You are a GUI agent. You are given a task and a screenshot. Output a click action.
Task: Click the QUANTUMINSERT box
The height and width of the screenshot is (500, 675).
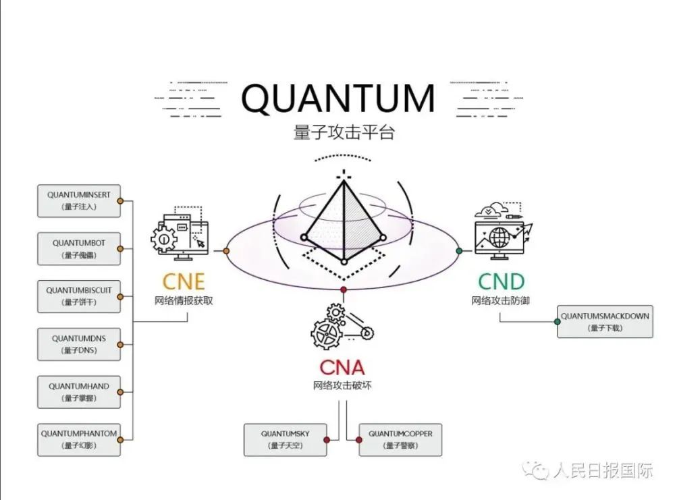pyautogui.click(x=79, y=201)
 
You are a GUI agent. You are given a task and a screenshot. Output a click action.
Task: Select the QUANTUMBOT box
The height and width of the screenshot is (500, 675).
pyautogui.click(x=79, y=249)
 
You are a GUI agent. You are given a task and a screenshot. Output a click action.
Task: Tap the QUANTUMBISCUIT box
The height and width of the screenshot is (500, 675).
pyautogui.click(x=79, y=296)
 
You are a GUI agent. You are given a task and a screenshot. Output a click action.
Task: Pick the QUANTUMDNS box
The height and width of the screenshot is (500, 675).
pyautogui.click(x=79, y=344)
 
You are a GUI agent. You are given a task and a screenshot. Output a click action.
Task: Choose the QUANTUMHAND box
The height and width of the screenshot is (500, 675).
pyautogui.click(x=79, y=392)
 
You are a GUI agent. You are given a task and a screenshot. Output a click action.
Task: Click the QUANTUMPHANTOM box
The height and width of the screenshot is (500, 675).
pyautogui.click(x=79, y=440)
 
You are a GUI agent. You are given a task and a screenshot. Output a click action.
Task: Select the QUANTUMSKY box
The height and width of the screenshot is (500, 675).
pyautogui.click(x=285, y=440)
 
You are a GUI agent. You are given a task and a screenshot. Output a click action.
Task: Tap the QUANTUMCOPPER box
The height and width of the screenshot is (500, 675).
pyautogui.click(x=400, y=440)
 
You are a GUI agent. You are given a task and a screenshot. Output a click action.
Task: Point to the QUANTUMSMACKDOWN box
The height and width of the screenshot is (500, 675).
pyautogui.click(x=605, y=321)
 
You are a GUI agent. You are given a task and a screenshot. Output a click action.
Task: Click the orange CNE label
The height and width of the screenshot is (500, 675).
pyautogui.click(x=184, y=282)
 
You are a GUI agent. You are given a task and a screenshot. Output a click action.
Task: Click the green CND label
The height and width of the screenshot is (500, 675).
pyautogui.click(x=501, y=282)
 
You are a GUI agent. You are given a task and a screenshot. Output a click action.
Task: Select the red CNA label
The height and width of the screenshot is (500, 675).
pyautogui.click(x=342, y=368)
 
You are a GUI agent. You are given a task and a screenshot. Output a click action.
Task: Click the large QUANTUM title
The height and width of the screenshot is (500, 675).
pyautogui.click(x=338, y=98)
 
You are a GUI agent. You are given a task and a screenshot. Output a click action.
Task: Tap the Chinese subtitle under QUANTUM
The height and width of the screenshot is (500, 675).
pyautogui.click(x=344, y=132)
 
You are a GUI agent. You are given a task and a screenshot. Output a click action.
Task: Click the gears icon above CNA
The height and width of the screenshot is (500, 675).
pyautogui.click(x=342, y=327)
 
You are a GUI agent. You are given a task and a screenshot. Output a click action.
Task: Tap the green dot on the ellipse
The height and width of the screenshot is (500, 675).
pyautogui.click(x=459, y=251)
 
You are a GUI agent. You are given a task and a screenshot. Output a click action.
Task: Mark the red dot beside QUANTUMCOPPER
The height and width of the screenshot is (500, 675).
pyautogui.click(x=358, y=440)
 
